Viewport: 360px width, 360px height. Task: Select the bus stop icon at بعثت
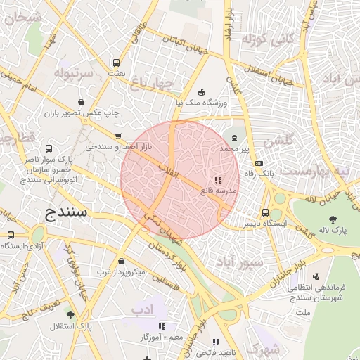pyautogui.click(x=115, y=63)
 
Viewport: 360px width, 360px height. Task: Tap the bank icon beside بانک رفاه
pyautogui.click(x=259, y=163)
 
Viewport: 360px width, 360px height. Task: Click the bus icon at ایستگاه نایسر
pyautogui.click(x=265, y=212)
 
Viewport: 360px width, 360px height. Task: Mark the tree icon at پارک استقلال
pyautogui.click(x=70, y=314)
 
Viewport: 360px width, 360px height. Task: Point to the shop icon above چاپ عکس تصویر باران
pyautogui.click(x=82, y=101)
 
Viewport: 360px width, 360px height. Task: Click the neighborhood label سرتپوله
pyautogui.click(x=75, y=74)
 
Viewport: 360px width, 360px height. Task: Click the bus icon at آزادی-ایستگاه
pyautogui.click(x=11, y=235)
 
